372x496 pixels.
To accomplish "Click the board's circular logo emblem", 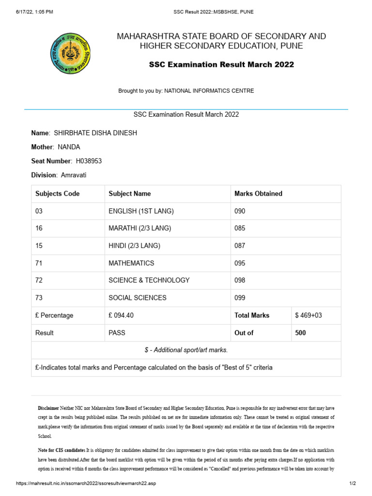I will pos(70,53).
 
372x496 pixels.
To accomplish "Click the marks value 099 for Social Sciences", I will pos(240,298).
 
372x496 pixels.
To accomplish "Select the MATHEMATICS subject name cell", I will pos(131,263).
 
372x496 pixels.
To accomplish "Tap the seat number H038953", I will pos(89,161).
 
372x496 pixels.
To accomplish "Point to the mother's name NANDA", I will pos(69,147).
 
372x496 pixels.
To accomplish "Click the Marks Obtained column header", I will pos(258,193).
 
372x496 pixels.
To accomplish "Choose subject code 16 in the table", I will pos(39,228).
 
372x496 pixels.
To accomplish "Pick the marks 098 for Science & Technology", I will pos(240,280).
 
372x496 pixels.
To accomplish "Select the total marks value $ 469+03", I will pos(308,315).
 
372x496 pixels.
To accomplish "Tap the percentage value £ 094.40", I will pos(121,315).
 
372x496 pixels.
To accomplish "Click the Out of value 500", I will pos(300,333).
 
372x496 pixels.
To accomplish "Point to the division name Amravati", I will pos(74,175).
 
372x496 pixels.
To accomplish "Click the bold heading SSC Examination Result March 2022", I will pos(221,64).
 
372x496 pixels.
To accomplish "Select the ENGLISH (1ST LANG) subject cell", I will pos(141,211).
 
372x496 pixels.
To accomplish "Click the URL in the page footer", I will pos(86,483).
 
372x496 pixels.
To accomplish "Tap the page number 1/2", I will pos(353,483).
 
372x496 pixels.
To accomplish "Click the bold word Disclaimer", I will pos(48,408).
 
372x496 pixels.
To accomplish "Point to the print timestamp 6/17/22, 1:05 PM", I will pos(34,12).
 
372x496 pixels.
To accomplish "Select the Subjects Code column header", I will pos(57,193).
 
